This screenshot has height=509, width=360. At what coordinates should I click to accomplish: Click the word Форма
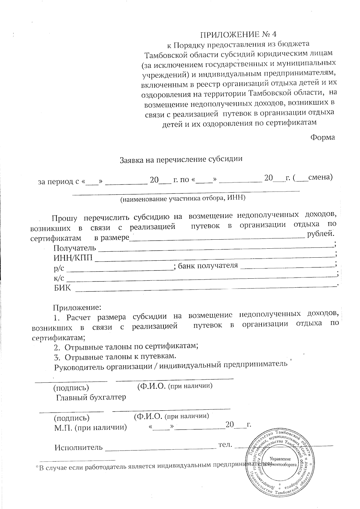point(322,137)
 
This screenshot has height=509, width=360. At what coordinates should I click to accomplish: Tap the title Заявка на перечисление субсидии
point(181,159)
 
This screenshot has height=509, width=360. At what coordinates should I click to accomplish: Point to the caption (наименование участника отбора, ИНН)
point(183,198)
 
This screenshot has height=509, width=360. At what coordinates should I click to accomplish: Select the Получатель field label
point(75,248)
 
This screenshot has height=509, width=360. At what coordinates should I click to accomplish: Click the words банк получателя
point(208,265)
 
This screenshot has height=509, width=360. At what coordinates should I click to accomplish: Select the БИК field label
point(62,288)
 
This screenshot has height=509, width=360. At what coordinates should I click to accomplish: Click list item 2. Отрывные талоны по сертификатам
point(126,347)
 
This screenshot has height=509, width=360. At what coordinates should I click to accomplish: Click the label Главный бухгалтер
point(91,397)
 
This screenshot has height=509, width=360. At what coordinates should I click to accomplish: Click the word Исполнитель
point(79,448)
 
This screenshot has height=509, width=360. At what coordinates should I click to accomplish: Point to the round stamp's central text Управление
point(280,459)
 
